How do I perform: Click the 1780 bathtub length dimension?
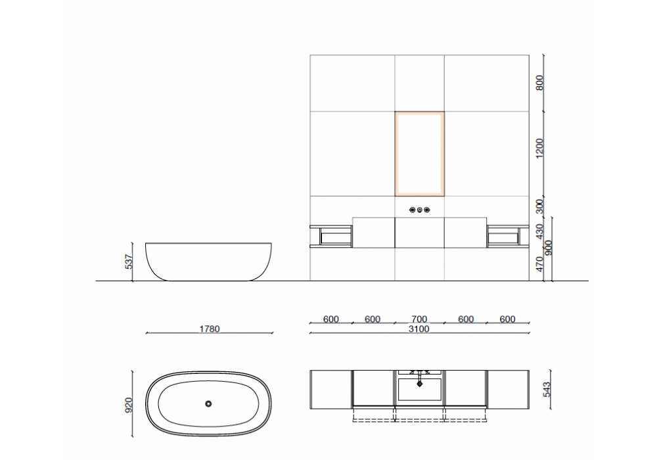pyautogui.click(x=209, y=329)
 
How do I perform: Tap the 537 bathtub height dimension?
pyautogui.click(x=129, y=262)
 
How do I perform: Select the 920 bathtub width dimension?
pyautogui.click(x=129, y=405)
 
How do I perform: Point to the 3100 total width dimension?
pyautogui.click(x=419, y=329)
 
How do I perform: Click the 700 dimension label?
pyautogui.click(x=419, y=319)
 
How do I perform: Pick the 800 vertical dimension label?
pyautogui.click(x=539, y=83)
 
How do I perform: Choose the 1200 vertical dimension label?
pyautogui.click(x=539, y=149)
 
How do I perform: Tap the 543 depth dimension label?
pyautogui.click(x=547, y=390)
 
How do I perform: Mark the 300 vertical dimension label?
pyautogui.click(x=539, y=206)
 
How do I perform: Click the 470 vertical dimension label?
pyautogui.click(x=539, y=264)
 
